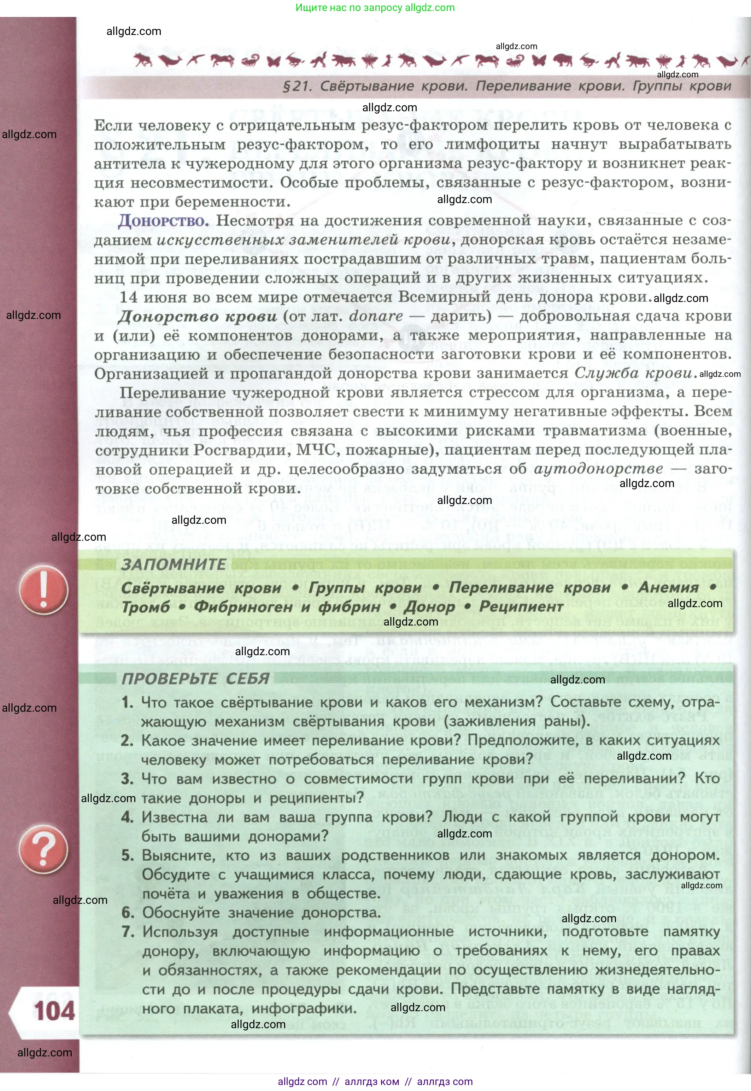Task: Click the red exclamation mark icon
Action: click(43, 590)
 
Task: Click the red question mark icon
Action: click(43, 849)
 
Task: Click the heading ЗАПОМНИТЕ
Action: click(174, 564)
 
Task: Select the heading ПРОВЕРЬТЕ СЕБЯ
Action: click(195, 678)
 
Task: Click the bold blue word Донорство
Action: click(163, 220)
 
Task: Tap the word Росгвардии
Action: click(242, 450)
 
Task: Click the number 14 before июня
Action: click(128, 297)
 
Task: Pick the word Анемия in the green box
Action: click(668, 587)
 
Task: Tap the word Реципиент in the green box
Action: click(521, 607)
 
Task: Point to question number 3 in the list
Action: click(127, 778)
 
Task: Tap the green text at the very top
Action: click(375, 7)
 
